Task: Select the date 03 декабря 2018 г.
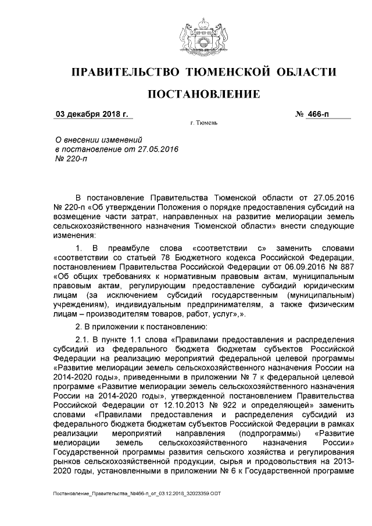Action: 92,114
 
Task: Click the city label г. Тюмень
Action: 203,124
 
